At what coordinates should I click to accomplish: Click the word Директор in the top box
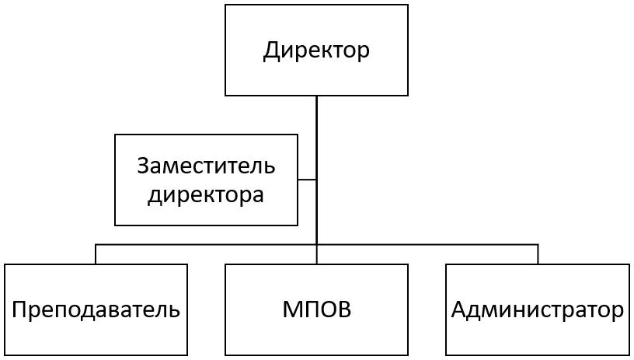pos(316,51)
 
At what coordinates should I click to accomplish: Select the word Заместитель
pos(206,166)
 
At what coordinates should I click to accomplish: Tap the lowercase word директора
pos(206,196)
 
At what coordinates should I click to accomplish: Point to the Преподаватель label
pos(96,309)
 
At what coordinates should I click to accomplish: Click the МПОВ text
pos(316,309)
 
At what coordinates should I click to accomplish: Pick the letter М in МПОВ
pos(292,309)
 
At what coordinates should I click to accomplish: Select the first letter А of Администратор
pos(460,309)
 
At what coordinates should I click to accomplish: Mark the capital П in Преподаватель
pos(20,309)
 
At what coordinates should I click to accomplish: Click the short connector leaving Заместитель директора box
pos(307,179)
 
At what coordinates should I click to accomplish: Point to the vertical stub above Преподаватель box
pos(96,254)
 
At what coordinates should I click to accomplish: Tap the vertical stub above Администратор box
pos(538,254)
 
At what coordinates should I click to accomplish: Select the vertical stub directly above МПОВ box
pos(316,255)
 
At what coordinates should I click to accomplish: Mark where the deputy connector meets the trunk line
pos(316,179)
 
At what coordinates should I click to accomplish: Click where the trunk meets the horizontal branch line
pos(316,244)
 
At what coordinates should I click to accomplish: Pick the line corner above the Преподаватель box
pos(96,244)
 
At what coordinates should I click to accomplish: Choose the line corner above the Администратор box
pos(538,244)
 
